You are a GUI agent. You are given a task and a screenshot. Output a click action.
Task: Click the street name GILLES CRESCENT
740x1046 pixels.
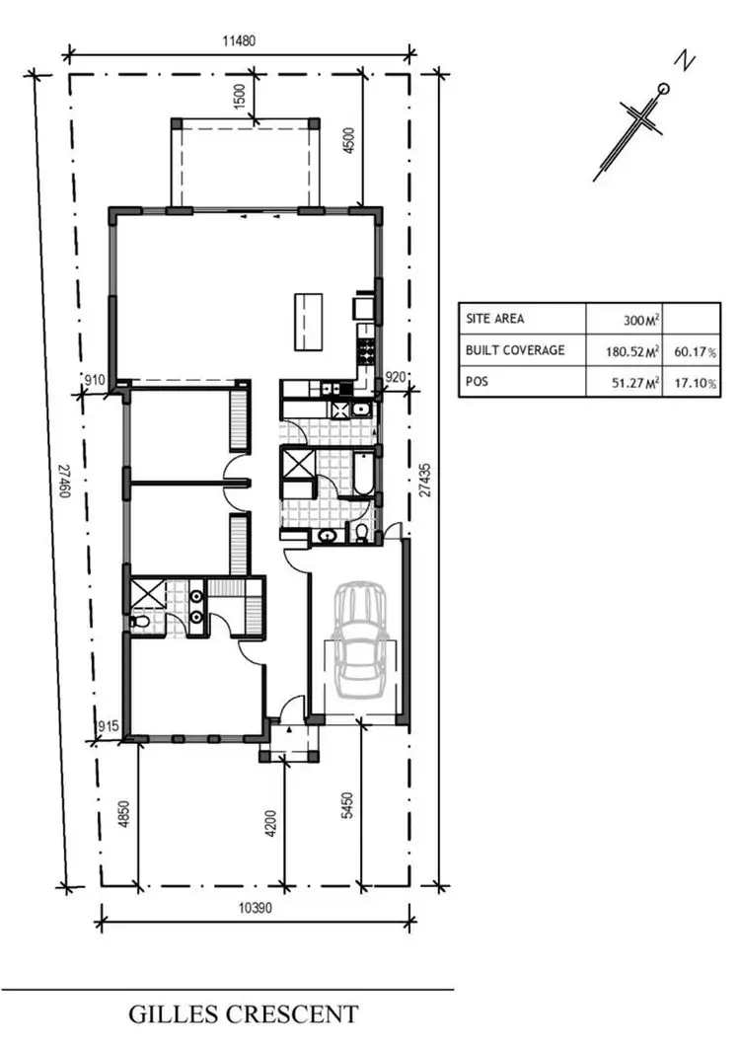(243, 1013)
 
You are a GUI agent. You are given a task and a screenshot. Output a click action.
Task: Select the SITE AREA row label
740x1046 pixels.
(495, 319)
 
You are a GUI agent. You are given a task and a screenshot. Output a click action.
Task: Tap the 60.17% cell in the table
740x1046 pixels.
(697, 350)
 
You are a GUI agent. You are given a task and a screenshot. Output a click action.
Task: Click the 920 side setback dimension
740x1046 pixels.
(395, 376)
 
